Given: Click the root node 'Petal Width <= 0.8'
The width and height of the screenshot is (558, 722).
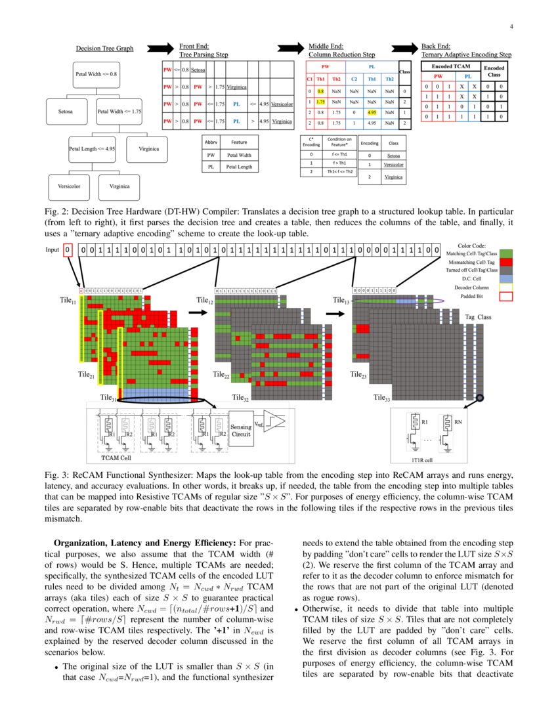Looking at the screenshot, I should [97, 75].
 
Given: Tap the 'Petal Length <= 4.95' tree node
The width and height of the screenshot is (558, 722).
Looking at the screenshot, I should [93, 149].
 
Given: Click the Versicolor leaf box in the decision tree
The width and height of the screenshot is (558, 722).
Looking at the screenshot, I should [69, 186].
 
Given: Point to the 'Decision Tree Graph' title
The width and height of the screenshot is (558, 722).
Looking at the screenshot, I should [104, 49].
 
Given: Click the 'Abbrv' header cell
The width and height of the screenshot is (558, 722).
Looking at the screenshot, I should [211, 142].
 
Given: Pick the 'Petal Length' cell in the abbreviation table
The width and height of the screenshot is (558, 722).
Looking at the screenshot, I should [239, 167].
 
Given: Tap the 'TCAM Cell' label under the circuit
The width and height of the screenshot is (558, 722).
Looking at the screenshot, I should [119, 457].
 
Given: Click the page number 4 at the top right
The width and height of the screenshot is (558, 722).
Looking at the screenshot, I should [510, 27].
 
